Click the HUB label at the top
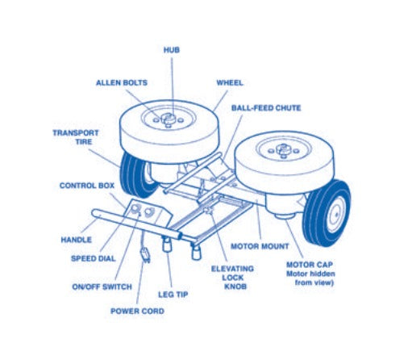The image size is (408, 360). [172, 50]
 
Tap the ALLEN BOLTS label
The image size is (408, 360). [122, 82]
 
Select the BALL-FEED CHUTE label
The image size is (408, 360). [266, 108]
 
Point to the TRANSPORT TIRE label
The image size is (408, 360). [76, 137]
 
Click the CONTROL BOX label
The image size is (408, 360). [87, 186]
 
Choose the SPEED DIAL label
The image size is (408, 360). [94, 258]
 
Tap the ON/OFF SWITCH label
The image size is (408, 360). [102, 287]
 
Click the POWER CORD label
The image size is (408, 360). [137, 311]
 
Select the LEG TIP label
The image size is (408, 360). [173, 295]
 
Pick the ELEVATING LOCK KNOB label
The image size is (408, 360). [232, 278]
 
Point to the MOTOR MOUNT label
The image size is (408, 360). [260, 246]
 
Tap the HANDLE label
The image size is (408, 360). [77, 240]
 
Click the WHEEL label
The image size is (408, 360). [230, 82]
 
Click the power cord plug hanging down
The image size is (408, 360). [145, 254]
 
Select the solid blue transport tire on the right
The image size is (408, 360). [327, 213]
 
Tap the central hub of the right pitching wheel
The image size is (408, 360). [283, 150]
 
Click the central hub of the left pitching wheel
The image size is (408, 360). [169, 119]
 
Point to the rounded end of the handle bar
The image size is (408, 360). [94, 213]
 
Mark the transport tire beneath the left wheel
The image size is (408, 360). [135, 174]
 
